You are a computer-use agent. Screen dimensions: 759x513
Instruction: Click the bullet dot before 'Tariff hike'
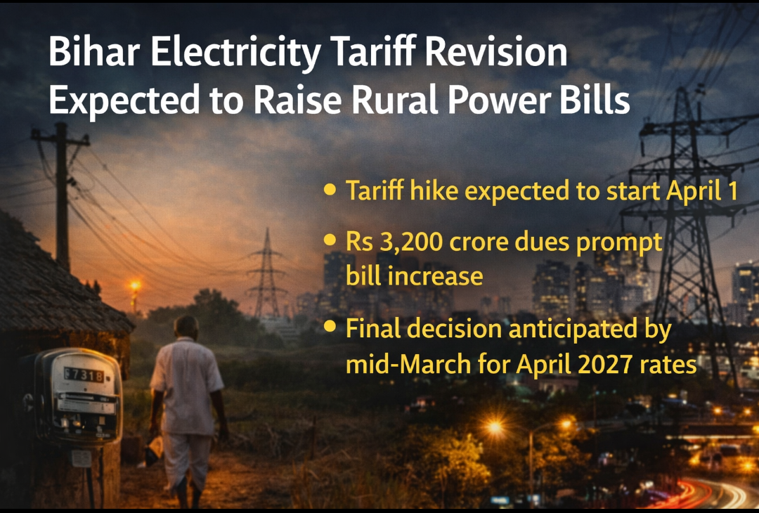[x=330, y=189]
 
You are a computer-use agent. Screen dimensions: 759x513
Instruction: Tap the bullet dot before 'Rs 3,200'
[x=330, y=240]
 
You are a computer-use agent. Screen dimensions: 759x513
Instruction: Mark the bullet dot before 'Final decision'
[x=330, y=326]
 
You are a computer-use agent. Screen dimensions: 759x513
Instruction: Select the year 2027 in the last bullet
[x=606, y=365]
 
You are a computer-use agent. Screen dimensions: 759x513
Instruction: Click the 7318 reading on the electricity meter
[x=84, y=375]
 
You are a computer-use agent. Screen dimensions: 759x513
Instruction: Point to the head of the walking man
[x=186, y=328]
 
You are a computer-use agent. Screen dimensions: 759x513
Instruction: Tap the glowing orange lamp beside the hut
[x=135, y=285]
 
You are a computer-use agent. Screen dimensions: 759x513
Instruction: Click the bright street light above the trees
[x=495, y=427]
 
